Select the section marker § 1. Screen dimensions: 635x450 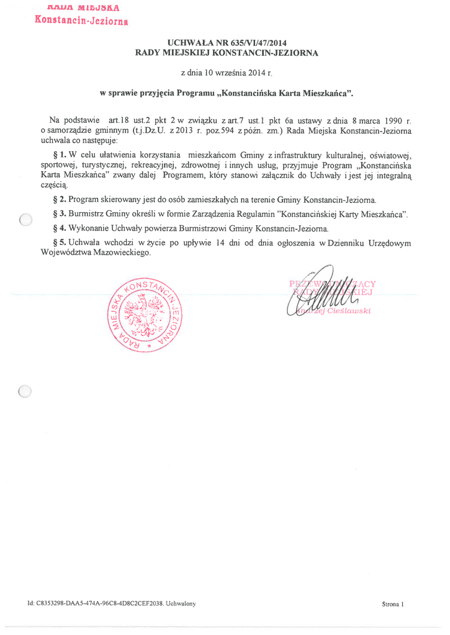tap(61, 153)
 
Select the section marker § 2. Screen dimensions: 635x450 tap(60, 200)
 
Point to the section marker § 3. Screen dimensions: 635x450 tap(60, 215)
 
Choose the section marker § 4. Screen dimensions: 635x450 tap(60, 229)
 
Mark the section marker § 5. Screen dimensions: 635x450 tap(60, 243)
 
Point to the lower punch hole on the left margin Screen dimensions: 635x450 tap(25, 391)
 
